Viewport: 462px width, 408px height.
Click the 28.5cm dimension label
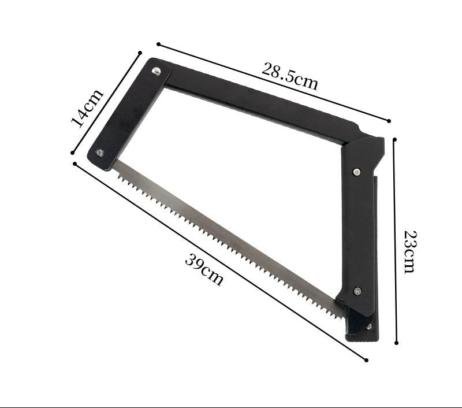(290, 76)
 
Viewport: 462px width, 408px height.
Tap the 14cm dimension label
(87, 108)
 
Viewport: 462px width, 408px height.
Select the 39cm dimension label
(204, 270)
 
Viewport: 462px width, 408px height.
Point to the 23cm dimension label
(410, 252)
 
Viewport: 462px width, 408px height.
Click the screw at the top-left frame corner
(156, 71)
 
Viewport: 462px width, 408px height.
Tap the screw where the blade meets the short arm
(99, 153)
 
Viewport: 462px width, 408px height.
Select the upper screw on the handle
(357, 172)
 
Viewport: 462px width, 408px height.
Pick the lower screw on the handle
(357, 291)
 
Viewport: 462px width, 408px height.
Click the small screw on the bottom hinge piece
(368, 327)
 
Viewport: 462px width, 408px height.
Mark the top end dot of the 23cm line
(395, 139)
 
